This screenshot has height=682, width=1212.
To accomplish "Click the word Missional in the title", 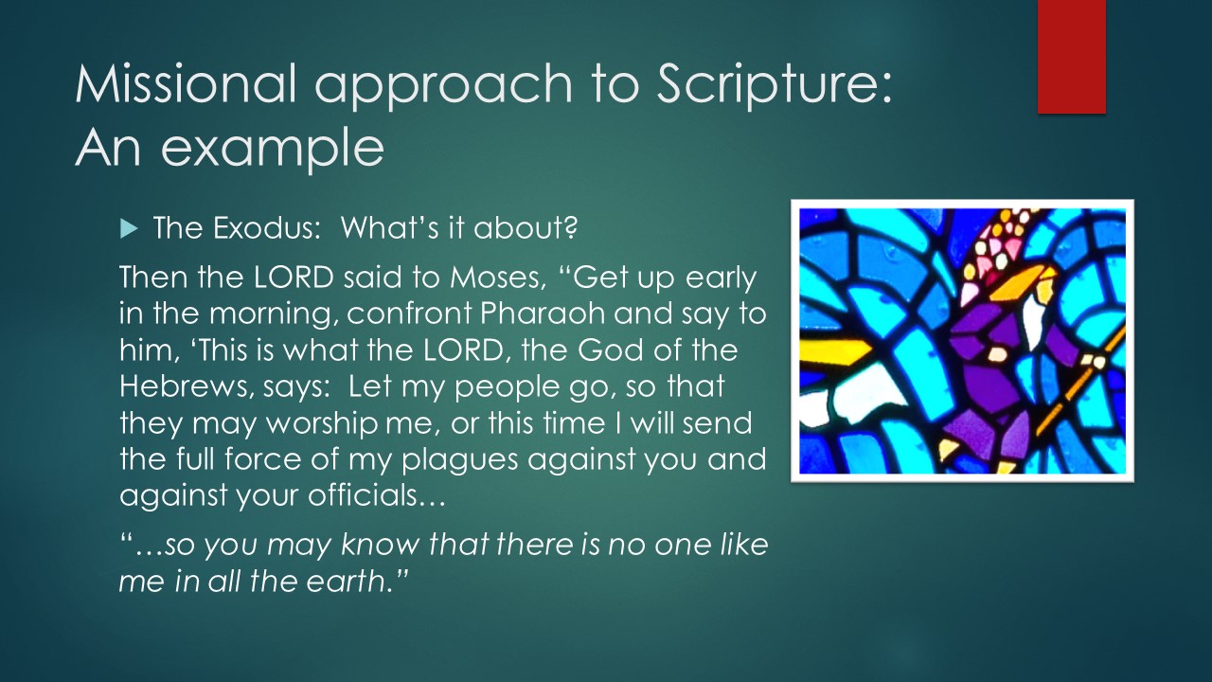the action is click(x=186, y=83).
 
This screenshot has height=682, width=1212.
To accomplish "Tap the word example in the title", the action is click(x=272, y=150).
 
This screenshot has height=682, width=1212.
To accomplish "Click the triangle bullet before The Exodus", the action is click(x=129, y=229).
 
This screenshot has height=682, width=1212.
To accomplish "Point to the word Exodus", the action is click(x=263, y=228).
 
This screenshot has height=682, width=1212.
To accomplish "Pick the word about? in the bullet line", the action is click(x=525, y=228).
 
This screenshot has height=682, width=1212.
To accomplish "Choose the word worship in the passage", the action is click(x=323, y=423).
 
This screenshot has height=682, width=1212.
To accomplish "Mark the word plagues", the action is click(x=460, y=460).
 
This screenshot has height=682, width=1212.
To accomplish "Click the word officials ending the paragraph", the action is click(x=377, y=494).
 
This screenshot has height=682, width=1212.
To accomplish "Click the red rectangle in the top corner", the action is click(x=1071, y=57).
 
